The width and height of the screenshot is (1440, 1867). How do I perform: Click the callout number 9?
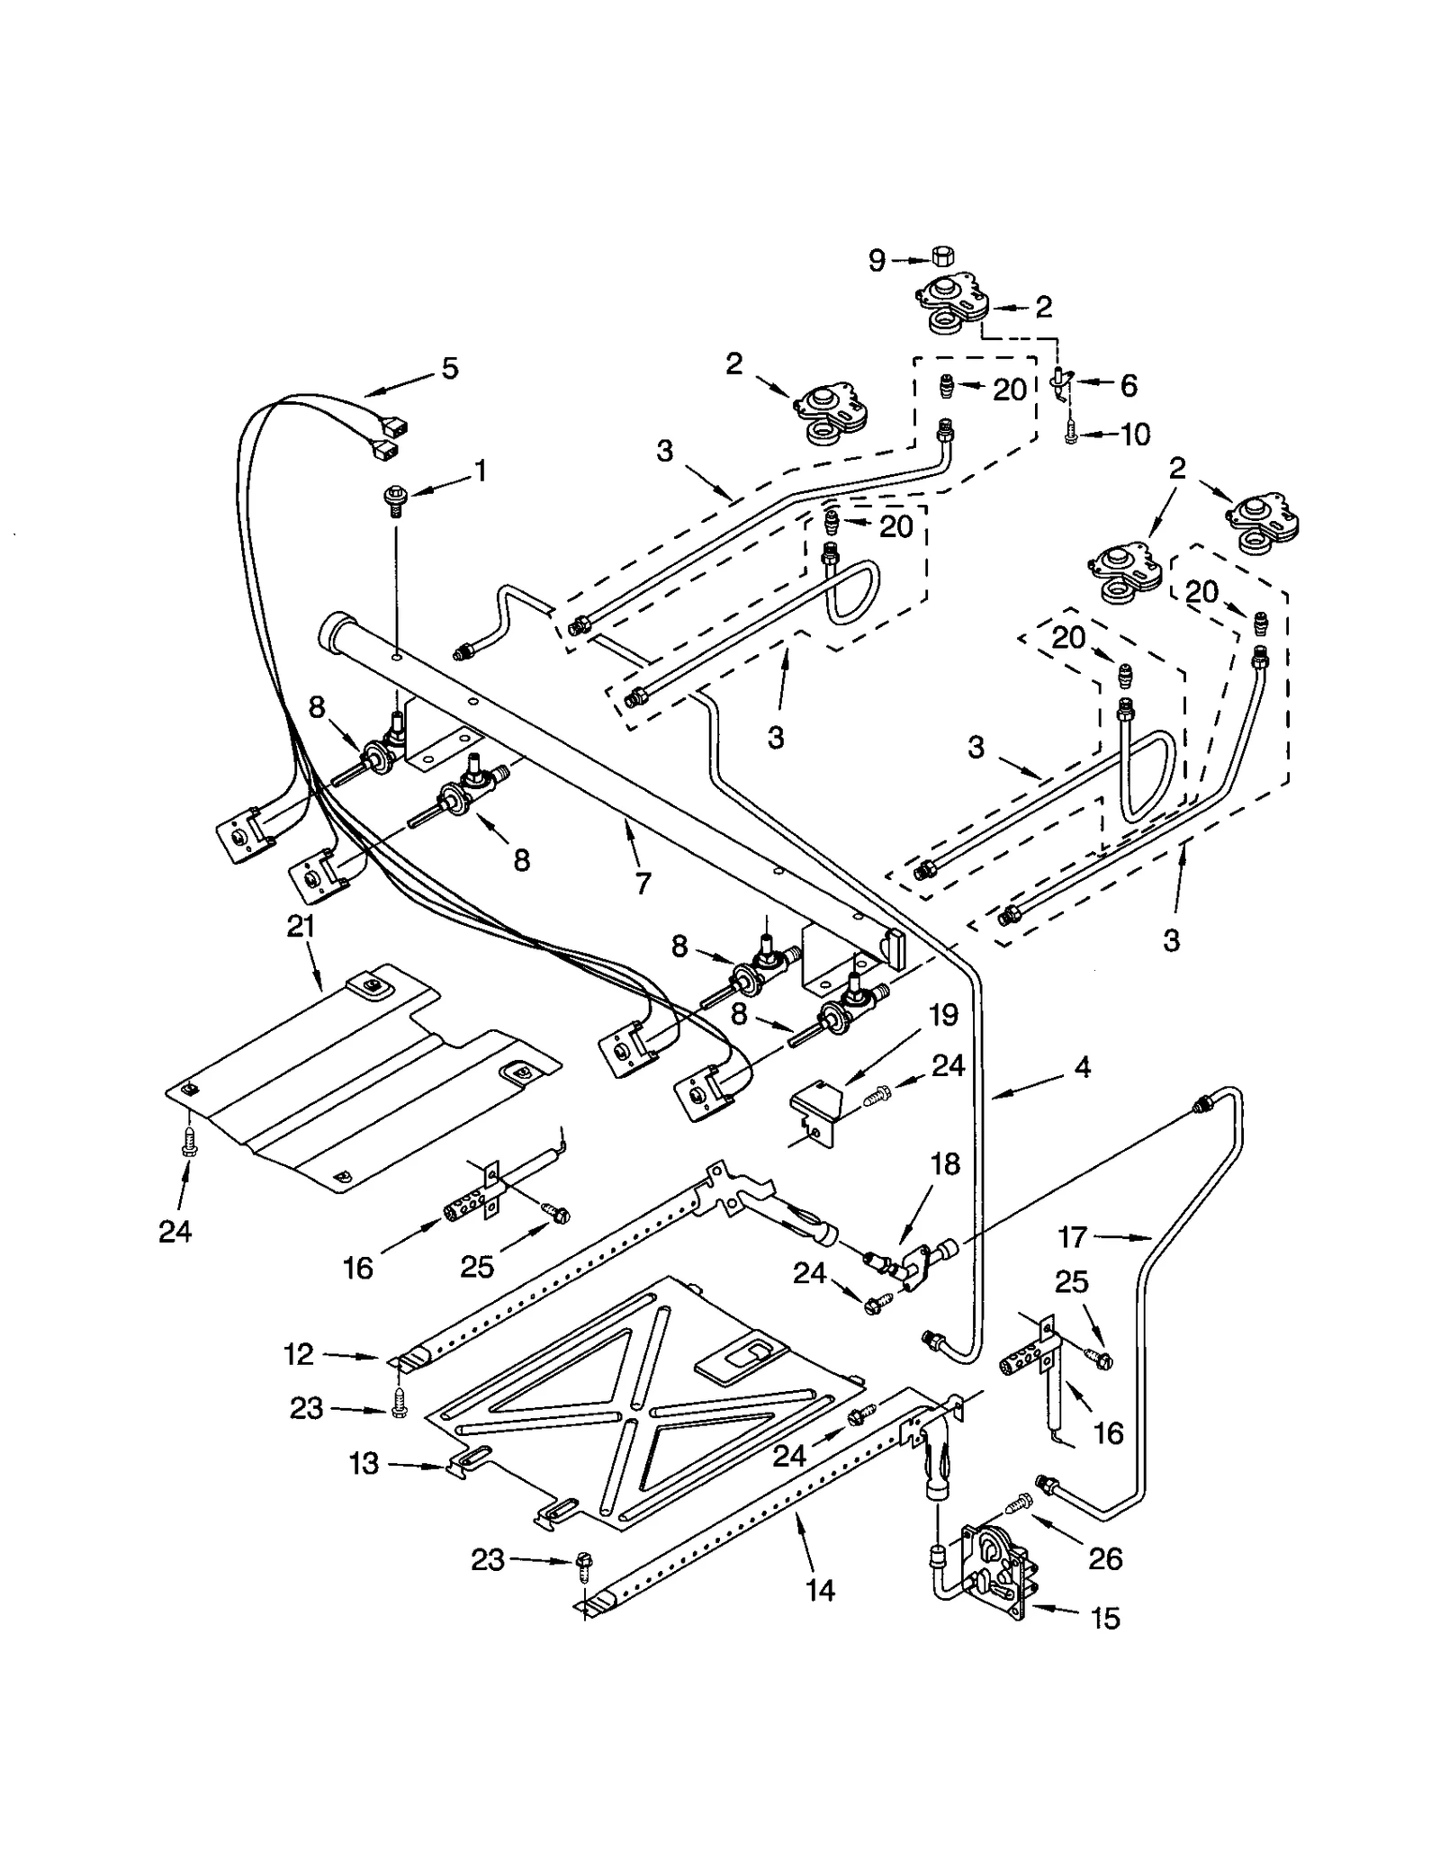click(877, 261)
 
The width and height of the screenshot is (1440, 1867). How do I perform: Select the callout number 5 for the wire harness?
click(449, 367)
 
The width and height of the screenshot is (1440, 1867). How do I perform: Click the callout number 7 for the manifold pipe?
click(642, 884)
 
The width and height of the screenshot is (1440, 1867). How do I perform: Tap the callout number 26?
click(1105, 1558)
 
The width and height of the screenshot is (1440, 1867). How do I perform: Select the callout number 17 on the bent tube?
click(1073, 1237)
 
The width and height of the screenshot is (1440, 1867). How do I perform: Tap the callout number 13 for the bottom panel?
click(364, 1464)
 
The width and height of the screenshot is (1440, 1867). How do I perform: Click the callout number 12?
click(299, 1353)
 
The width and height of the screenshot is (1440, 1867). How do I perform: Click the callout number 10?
click(1135, 435)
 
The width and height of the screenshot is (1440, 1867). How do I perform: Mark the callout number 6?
click(1128, 385)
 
